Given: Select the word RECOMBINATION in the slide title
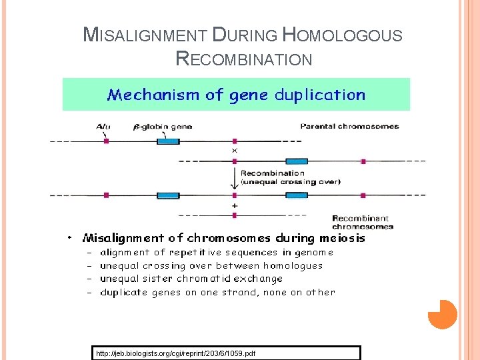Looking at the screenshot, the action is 244,59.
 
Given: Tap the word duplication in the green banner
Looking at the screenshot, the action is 319,95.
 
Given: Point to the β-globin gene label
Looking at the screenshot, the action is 164,127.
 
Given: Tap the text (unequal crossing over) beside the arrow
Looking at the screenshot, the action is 291,181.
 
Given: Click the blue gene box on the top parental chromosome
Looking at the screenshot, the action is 168,141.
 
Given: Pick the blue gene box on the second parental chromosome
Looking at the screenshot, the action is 296,161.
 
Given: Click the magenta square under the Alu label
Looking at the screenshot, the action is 106,141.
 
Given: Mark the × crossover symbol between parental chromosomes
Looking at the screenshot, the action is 234,151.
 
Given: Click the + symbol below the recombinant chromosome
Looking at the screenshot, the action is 234,206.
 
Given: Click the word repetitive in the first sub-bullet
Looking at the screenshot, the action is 197,253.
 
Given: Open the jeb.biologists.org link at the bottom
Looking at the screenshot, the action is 175,353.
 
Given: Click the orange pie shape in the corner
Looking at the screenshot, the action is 442,314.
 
